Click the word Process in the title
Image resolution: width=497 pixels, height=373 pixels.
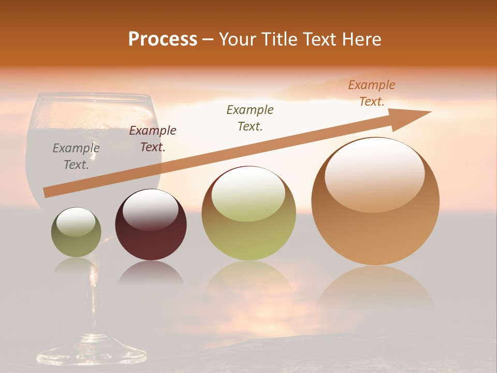click(x=163, y=39)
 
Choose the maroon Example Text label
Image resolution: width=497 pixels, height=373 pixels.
click(x=152, y=139)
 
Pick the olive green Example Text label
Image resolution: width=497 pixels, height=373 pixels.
click(x=250, y=118)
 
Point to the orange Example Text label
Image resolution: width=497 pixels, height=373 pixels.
click(x=371, y=93)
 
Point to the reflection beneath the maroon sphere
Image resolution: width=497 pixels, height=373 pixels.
click(x=151, y=274)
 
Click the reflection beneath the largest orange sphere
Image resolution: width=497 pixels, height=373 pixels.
click(x=375, y=288)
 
